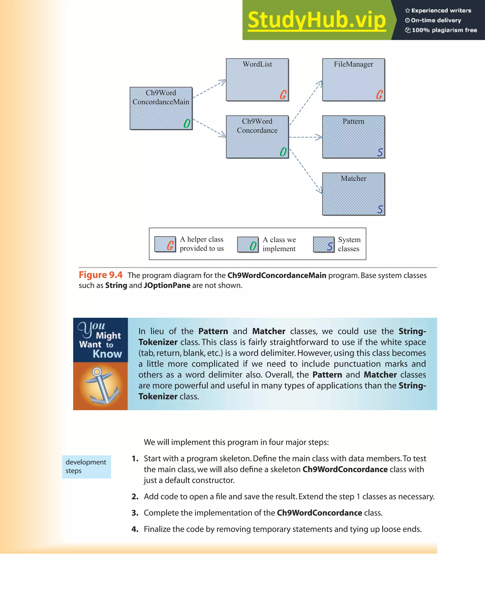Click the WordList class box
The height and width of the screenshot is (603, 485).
tap(257, 80)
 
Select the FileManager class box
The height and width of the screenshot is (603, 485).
tap(353, 80)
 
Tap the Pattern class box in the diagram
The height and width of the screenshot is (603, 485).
tap(353, 137)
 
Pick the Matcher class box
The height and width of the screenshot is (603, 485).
tap(353, 194)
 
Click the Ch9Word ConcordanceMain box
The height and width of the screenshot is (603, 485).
tap(161, 108)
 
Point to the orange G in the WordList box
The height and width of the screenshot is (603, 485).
tap(283, 95)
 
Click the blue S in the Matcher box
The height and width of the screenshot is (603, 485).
tap(380, 209)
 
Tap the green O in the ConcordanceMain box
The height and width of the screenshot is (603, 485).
tap(187, 123)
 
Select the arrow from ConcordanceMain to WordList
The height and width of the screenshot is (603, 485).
tap(209, 89)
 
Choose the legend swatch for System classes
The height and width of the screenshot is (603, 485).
tap(324, 245)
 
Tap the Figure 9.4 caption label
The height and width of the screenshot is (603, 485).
tap(100, 275)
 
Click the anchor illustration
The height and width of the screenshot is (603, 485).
tap(101, 386)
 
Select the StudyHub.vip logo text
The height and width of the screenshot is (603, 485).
tap(317, 20)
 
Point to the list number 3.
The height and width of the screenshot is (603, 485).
tap(135, 513)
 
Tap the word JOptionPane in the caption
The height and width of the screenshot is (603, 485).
tap(167, 285)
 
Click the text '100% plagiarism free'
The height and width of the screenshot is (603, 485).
tap(444, 30)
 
